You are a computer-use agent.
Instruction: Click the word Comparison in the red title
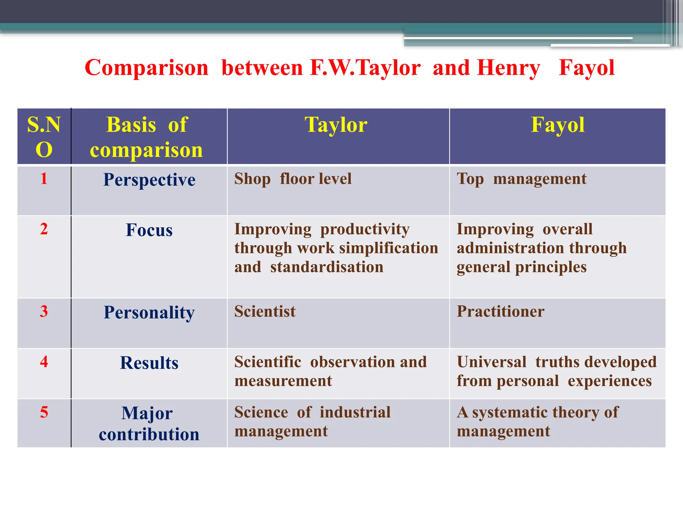146,68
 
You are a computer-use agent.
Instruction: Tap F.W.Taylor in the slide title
365,68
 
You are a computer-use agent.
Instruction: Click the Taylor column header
336,125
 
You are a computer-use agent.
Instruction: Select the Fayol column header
557,125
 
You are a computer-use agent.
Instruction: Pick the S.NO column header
44,137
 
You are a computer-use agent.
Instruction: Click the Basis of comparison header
147,137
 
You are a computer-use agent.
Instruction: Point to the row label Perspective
149,180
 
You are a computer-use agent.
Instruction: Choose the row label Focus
149,230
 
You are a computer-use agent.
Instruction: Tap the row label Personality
149,313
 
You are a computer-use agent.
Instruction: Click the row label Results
149,363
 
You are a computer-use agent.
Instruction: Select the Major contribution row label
149,423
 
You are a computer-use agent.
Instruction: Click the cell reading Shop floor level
293,179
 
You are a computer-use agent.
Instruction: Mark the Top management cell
521,179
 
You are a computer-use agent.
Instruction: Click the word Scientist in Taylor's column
265,311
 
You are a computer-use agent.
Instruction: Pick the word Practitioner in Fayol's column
500,311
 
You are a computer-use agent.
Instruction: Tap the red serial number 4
44,362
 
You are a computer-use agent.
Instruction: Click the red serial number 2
44,229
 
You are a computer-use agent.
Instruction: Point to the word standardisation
327,267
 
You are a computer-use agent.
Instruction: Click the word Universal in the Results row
492,362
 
